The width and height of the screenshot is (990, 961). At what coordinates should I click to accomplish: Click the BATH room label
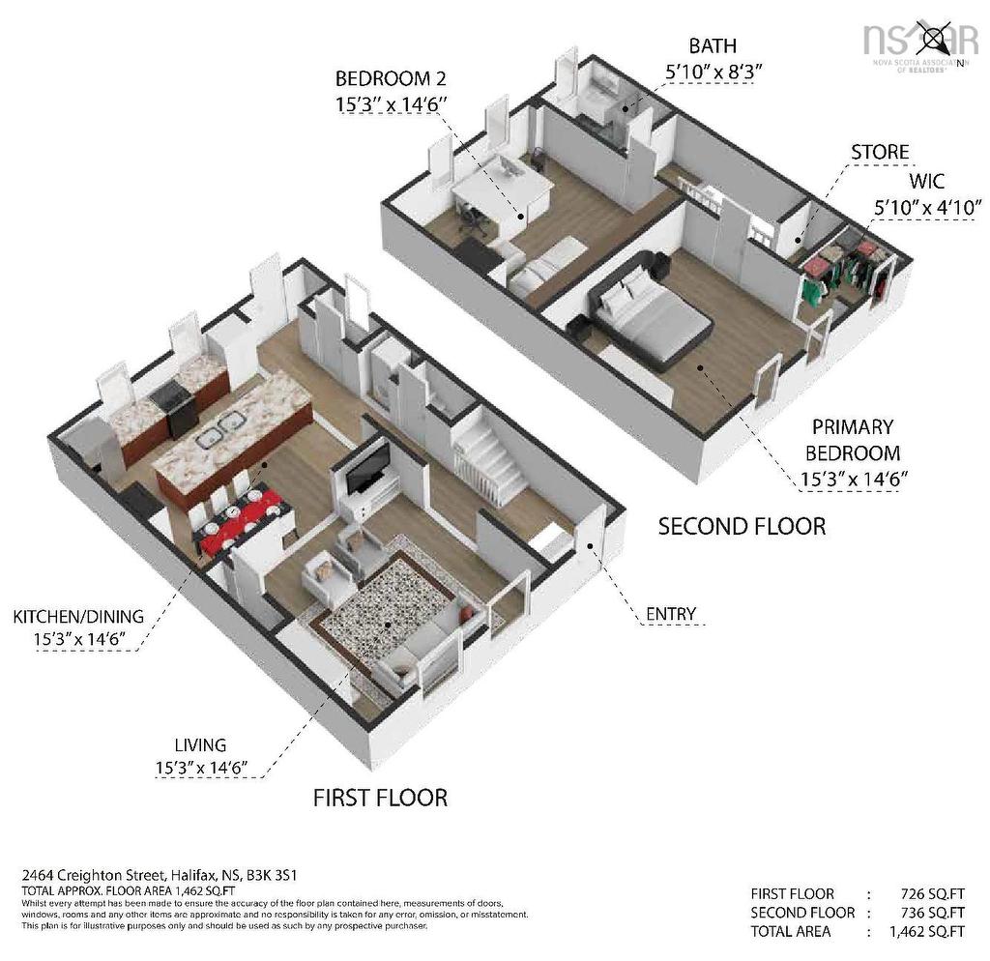(x=712, y=45)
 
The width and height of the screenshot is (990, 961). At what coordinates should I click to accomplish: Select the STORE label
(x=879, y=152)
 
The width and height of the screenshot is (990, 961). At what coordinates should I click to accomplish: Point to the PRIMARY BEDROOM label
(x=852, y=440)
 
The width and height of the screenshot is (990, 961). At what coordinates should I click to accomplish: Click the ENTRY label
(x=670, y=613)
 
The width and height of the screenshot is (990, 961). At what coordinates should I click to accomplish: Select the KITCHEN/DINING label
(x=78, y=616)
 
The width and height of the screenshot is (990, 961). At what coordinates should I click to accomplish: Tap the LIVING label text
(x=200, y=744)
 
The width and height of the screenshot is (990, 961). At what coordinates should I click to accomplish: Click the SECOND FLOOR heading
(x=742, y=526)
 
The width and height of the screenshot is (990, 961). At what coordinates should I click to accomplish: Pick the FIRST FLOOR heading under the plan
(x=380, y=798)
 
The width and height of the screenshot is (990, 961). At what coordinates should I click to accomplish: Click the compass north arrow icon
(x=935, y=40)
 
